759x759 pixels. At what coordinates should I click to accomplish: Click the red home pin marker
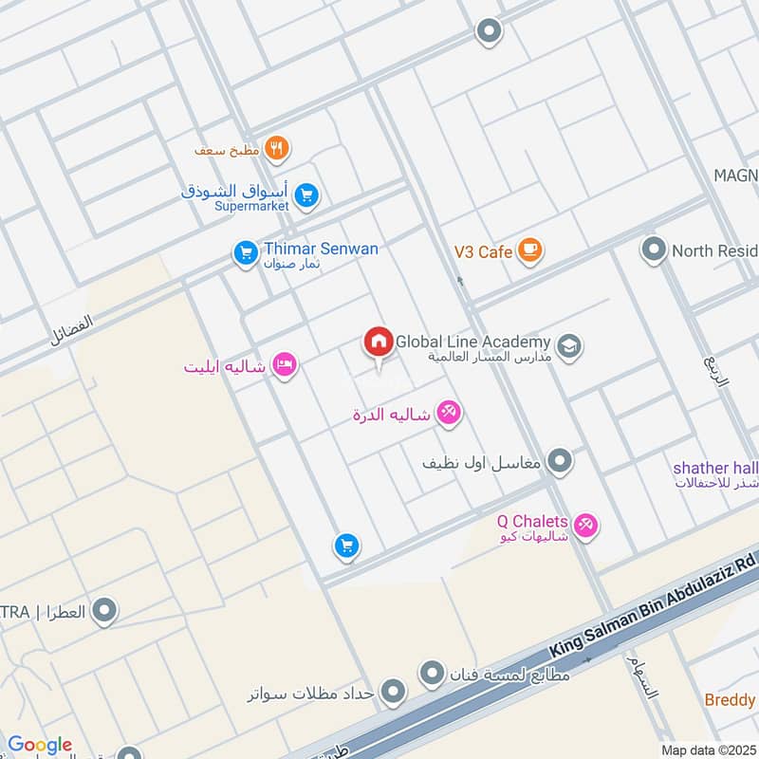[378, 342]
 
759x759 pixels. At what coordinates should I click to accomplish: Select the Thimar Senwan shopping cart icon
[246, 253]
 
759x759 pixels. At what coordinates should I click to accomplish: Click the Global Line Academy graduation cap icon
[570, 346]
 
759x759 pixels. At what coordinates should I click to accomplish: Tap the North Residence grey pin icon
[653, 251]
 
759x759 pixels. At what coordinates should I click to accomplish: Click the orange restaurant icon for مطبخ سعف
[277, 148]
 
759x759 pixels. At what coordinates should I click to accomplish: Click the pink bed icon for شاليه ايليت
[284, 364]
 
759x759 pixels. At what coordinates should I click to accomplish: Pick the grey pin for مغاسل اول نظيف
[561, 462]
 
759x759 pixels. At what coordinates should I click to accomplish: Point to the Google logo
[40, 745]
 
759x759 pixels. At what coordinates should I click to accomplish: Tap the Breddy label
[730, 700]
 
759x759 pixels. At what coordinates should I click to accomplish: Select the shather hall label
[715, 468]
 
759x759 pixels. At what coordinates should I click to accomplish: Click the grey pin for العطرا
[104, 611]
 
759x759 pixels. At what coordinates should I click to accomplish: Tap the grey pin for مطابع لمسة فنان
[432, 675]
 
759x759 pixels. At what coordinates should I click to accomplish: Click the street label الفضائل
[72, 330]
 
